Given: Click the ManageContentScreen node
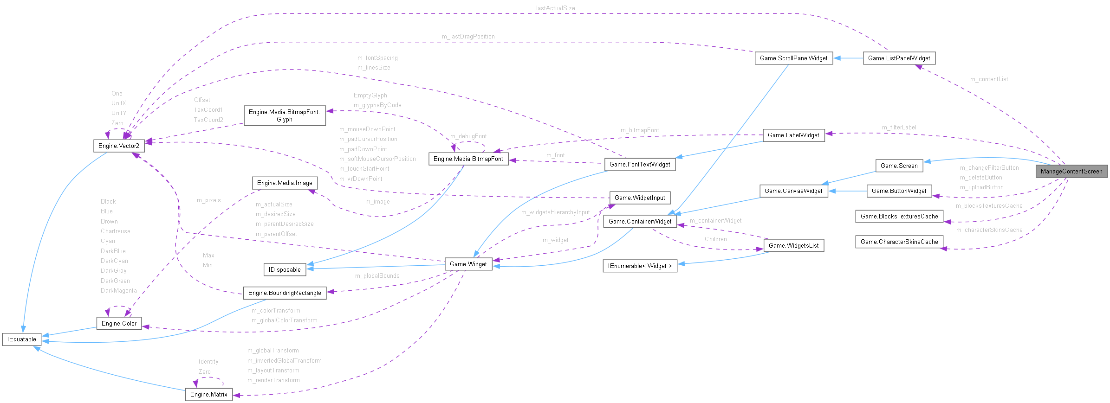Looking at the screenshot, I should point(1071,171).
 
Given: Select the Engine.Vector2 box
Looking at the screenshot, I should point(119,146).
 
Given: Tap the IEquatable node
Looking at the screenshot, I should point(22,339).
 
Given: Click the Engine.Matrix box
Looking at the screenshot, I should point(209,394).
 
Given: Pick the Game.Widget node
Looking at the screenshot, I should point(468,264).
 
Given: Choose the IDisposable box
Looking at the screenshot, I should point(285,269).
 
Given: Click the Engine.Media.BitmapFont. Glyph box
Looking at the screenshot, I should point(285,115).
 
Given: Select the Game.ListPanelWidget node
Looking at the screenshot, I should point(899,58).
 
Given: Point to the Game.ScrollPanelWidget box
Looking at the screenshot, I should point(794,58).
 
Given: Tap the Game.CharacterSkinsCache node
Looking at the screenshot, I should point(899,242).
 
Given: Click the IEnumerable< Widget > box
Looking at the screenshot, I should point(640,266).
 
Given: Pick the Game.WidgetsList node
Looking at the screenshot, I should point(794,245).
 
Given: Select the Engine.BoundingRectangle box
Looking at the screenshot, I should point(285,293).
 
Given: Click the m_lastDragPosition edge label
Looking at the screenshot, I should point(468,36).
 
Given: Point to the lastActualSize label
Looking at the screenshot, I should point(555,8).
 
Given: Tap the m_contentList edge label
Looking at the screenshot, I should point(989,79).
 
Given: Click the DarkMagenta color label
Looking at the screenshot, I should point(119,291).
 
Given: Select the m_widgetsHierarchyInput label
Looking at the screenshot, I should point(555,212).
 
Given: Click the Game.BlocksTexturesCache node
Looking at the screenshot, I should point(899,216).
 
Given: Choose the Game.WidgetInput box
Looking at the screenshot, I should point(640,198).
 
